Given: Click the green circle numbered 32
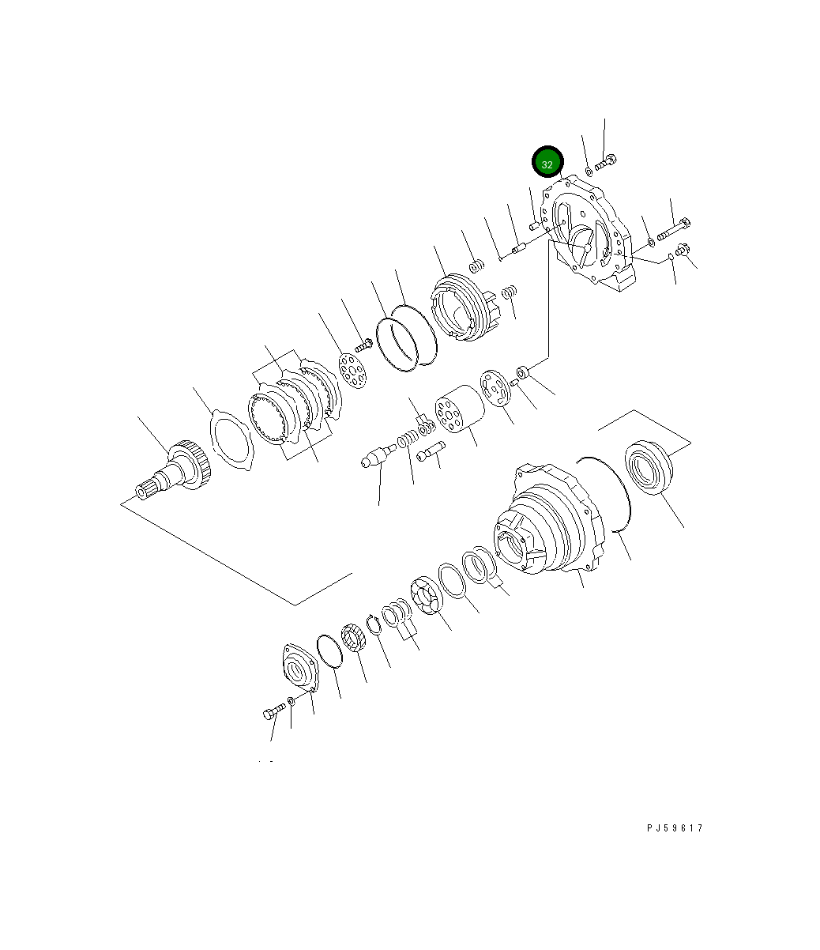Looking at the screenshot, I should (547, 162).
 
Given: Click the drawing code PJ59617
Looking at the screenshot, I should (674, 828).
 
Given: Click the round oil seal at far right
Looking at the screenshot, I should (648, 469).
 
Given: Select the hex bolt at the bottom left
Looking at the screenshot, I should (273, 713).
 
